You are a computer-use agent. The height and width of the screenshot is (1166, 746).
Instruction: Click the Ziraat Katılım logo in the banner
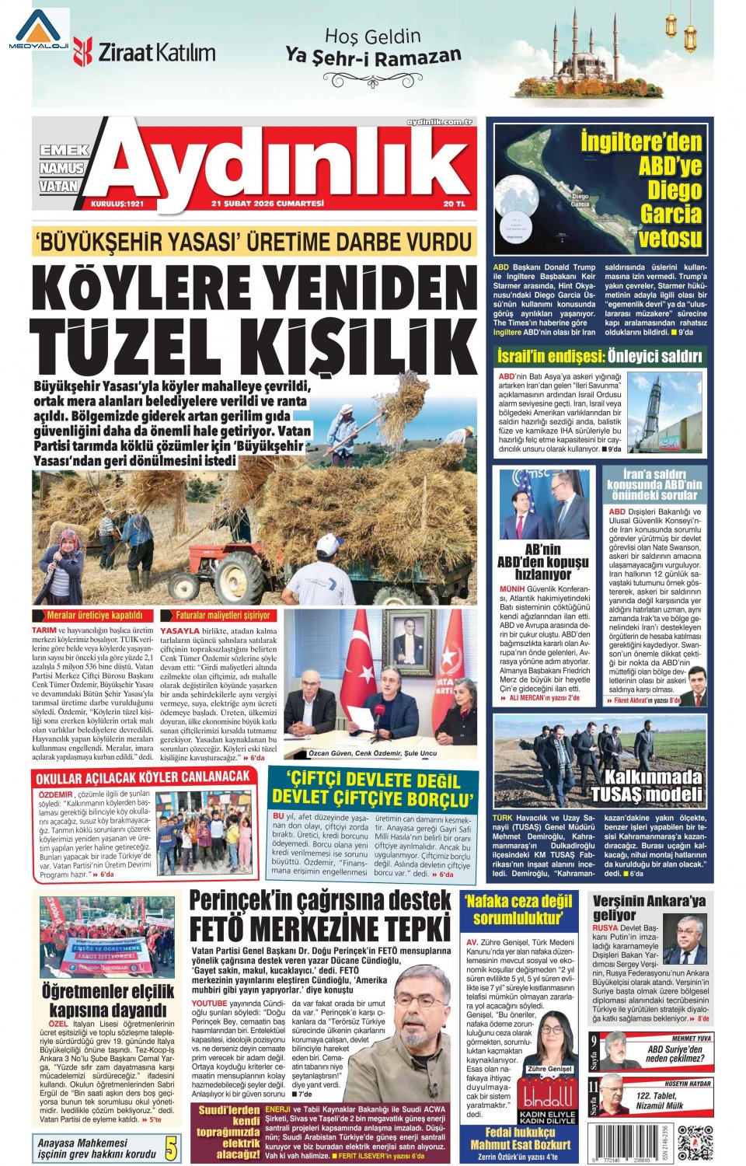point(145,52)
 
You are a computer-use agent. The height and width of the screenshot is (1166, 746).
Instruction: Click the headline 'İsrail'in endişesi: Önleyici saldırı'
point(599,357)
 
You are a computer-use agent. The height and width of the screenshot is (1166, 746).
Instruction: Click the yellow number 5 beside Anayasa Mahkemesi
point(171,1148)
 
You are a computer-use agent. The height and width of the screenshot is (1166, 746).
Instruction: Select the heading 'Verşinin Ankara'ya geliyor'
point(649,907)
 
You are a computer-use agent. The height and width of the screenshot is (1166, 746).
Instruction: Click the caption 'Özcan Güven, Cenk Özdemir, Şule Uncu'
point(372,753)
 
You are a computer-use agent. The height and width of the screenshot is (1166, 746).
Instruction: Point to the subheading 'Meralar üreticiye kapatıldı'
point(95,615)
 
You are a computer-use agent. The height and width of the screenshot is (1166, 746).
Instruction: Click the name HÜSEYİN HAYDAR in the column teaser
point(688,1083)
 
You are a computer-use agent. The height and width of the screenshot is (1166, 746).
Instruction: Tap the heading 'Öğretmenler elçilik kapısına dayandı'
point(108,1000)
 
